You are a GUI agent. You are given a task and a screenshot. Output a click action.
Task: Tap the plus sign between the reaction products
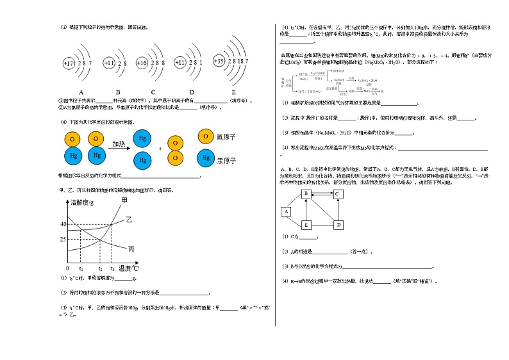tap(160, 148)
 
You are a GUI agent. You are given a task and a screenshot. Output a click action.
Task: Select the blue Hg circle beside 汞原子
tap(205, 157)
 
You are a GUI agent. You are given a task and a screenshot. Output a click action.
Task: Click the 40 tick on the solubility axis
tap(63, 224)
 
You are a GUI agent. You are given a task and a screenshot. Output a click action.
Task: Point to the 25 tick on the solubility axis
tap(63, 239)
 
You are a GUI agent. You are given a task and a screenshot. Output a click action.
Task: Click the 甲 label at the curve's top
tap(124, 201)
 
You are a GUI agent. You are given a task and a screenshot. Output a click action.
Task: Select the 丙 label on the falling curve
tap(131, 249)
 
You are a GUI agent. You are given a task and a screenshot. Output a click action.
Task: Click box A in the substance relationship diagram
tap(286, 211)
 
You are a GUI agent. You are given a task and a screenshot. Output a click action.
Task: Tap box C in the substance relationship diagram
tap(337, 193)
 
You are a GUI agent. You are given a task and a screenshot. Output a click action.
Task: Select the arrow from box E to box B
tap(306, 209)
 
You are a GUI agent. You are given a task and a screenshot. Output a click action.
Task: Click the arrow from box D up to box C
tap(338, 209)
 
